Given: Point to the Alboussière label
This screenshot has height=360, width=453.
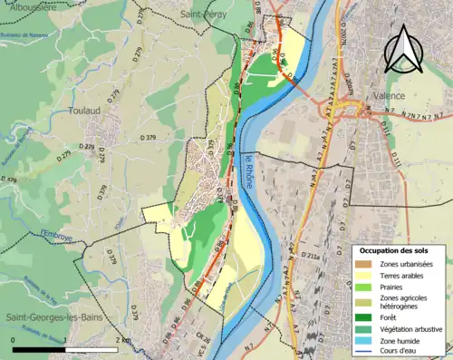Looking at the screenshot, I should coord(26,5).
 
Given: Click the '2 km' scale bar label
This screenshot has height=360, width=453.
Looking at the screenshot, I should coord(123,339).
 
